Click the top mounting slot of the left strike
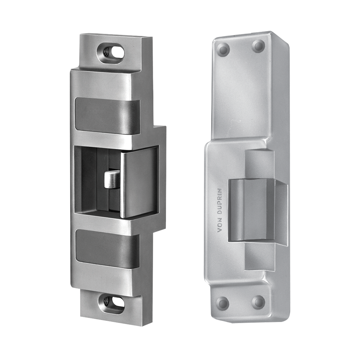(111, 53)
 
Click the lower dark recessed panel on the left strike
(107, 248)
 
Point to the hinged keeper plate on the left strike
(139, 183)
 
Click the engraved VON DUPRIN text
(220, 210)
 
